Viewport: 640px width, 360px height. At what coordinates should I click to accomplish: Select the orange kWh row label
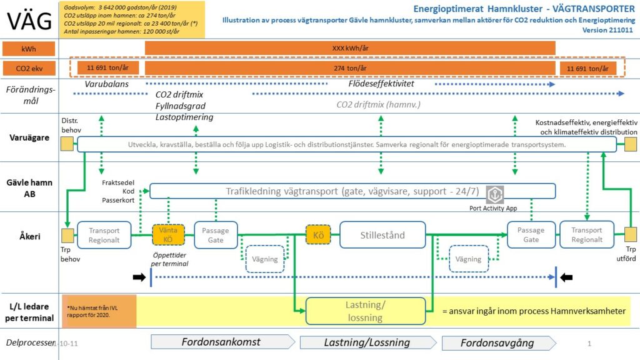tap(29, 48)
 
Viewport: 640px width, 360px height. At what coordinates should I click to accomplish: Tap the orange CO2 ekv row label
tap(29, 68)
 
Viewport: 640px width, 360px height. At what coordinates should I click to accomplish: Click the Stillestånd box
tap(382, 235)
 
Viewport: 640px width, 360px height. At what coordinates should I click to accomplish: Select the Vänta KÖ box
tap(169, 235)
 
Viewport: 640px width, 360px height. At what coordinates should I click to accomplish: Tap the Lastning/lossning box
tap(365, 311)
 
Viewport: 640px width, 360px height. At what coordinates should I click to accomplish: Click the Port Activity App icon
tap(494, 194)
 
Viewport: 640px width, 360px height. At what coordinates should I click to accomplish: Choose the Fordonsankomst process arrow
tap(222, 342)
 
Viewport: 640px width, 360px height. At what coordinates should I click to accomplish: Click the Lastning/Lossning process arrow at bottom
tap(366, 342)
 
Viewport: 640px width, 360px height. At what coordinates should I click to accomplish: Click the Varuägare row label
tap(29, 137)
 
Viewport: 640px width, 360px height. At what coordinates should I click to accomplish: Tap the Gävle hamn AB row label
tap(29, 189)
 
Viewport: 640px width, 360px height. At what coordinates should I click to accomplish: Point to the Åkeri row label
tap(29, 237)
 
